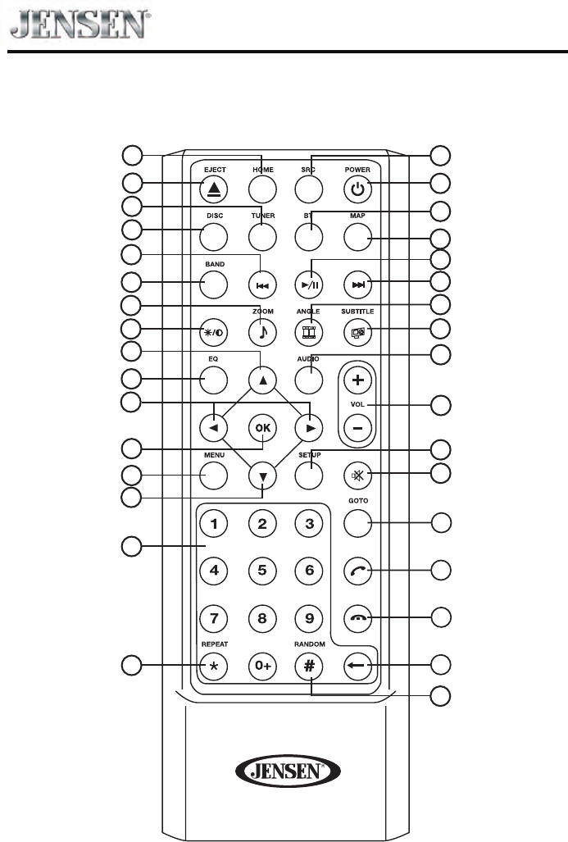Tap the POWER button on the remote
coord(357,190)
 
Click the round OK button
coord(261,428)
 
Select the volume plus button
coord(357,380)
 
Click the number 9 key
coord(309,617)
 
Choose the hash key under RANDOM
coord(309,665)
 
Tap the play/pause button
coord(309,284)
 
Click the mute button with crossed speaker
coord(357,475)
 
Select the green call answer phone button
coord(357,570)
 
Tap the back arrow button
coord(357,665)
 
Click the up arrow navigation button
coord(261,380)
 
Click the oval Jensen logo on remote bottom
coord(284,771)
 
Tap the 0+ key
coord(261,665)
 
